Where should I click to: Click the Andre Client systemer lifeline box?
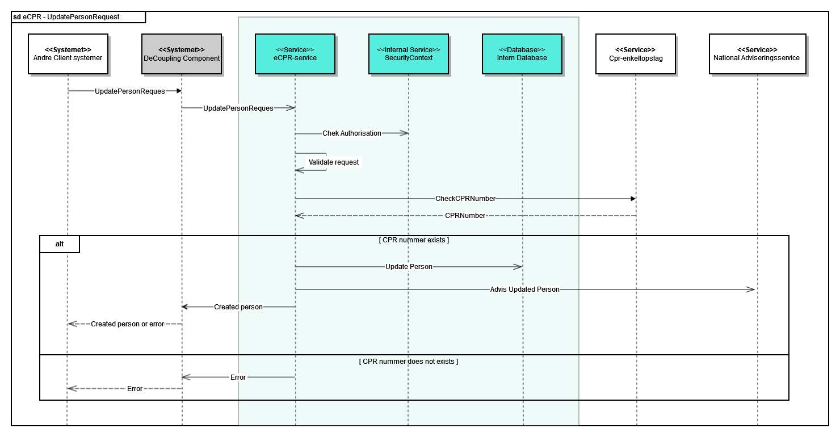tap(68, 54)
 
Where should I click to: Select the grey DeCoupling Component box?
tap(182, 54)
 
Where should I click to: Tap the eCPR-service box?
tap(295, 54)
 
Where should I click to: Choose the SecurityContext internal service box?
tap(408, 54)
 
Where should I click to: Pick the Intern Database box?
tap(522, 54)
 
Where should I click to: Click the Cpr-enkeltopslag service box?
tap(635, 54)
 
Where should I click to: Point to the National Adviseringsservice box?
tap(757, 54)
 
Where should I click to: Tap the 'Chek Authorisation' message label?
tap(352, 133)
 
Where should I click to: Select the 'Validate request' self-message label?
tap(334, 162)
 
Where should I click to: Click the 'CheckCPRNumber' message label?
tap(465, 199)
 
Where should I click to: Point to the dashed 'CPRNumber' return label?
tap(465, 216)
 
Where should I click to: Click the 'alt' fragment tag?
tap(60, 244)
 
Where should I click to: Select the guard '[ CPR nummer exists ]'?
tap(414, 240)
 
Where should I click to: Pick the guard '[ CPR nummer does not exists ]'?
tap(409, 362)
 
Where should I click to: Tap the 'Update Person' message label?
tap(409, 267)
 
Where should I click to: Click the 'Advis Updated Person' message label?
tap(525, 289)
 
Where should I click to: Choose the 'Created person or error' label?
tap(127, 324)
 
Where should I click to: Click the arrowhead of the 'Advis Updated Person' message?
tap(751, 289)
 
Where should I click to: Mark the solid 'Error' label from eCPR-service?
tap(238, 377)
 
